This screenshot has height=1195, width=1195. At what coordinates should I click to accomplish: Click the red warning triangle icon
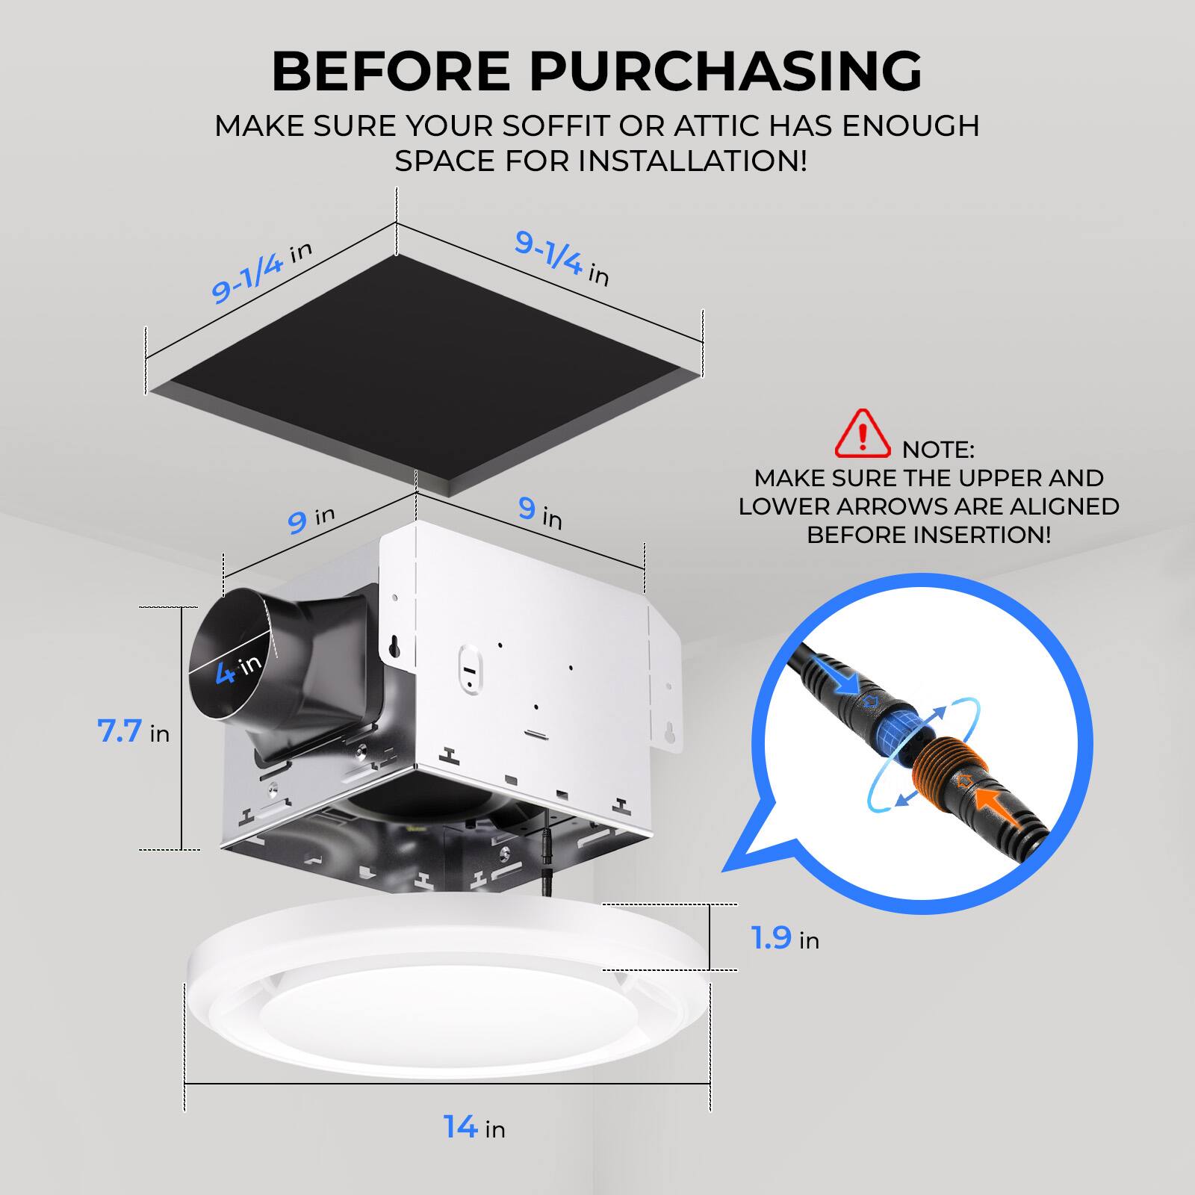(863, 435)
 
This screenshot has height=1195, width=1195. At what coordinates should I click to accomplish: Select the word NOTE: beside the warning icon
(938, 450)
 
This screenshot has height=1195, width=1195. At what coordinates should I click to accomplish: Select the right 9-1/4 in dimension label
(562, 258)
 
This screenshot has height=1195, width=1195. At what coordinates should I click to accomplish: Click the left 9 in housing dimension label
(311, 519)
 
